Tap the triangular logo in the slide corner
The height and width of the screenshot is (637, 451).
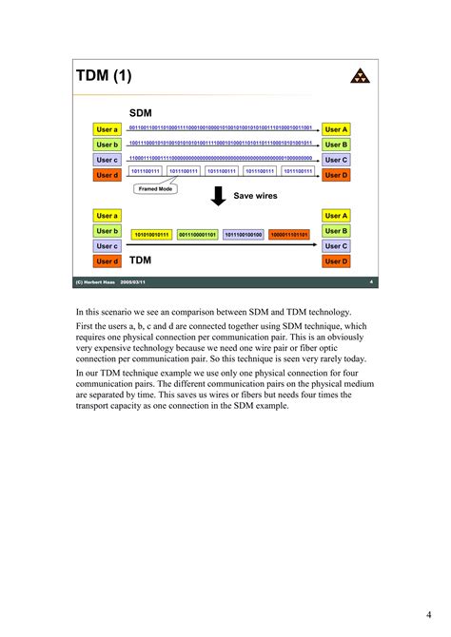[359, 77]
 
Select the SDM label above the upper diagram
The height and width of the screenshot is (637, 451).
[141, 113]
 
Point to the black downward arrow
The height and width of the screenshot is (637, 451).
[218, 196]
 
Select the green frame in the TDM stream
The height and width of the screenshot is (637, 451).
[197, 234]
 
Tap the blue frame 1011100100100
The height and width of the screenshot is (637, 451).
[244, 234]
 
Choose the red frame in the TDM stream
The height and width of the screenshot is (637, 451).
[289, 234]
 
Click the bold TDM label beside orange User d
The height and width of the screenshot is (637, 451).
[140, 259]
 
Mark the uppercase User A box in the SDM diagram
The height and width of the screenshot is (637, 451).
[336, 129]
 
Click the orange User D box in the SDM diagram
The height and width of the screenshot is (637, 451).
[336, 175]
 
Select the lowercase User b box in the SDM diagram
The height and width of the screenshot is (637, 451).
[108, 145]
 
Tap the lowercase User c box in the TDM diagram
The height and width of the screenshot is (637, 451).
[108, 246]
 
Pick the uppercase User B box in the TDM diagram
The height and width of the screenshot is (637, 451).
[336, 231]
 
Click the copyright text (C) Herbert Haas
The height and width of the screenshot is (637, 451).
[97, 282]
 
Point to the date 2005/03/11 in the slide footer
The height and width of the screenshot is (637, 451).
[133, 282]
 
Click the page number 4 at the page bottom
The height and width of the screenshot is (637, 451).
[429, 611]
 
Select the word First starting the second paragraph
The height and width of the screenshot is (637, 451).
[85, 326]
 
